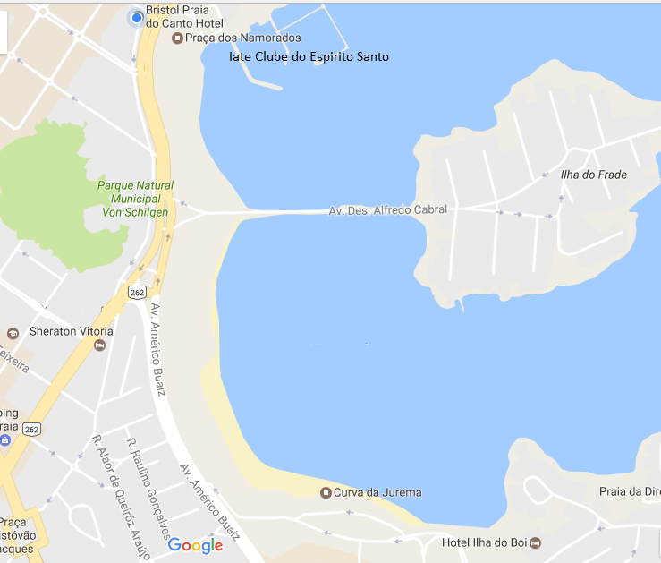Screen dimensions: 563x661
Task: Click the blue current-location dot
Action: [x=137, y=17]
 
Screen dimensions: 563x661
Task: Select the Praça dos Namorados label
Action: [x=242, y=38]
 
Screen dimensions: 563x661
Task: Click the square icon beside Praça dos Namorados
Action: [x=177, y=38]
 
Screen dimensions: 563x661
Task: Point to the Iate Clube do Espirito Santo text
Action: [x=309, y=57]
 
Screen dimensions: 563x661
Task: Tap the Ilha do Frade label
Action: [x=593, y=175]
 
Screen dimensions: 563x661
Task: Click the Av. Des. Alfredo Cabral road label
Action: [x=387, y=210]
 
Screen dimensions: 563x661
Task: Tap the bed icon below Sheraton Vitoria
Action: [x=100, y=345]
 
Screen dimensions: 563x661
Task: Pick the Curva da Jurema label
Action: [x=377, y=492]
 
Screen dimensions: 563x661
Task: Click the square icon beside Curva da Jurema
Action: [x=326, y=492]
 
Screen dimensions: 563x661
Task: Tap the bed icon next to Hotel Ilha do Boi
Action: [x=535, y=542]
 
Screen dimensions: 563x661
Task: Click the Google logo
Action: [x=195, y=545]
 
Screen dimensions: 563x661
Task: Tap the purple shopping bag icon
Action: [x=5, y=441]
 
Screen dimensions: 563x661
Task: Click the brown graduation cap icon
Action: [x=13, y=334]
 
